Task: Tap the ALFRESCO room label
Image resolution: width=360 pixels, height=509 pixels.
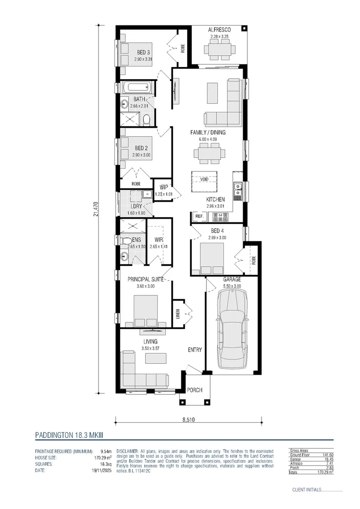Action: (219, 30)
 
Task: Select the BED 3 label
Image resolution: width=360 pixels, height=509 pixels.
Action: (143, 52)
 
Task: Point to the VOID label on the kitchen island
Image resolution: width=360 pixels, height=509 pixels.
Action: (204, 180)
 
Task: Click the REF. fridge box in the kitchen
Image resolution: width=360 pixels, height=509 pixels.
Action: (198, 216)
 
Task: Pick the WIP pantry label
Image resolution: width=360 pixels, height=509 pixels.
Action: (164, 187)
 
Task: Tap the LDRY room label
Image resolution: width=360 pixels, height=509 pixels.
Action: (136, 206)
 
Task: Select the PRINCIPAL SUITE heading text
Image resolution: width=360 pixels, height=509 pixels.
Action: (146, 279)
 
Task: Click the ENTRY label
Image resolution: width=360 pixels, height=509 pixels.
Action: (195, 350)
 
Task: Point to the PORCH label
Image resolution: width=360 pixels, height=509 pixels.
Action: (195, 390)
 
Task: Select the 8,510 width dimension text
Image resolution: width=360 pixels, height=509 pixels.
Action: (188, 419)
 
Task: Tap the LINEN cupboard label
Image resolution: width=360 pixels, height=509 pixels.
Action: (178, 313)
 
